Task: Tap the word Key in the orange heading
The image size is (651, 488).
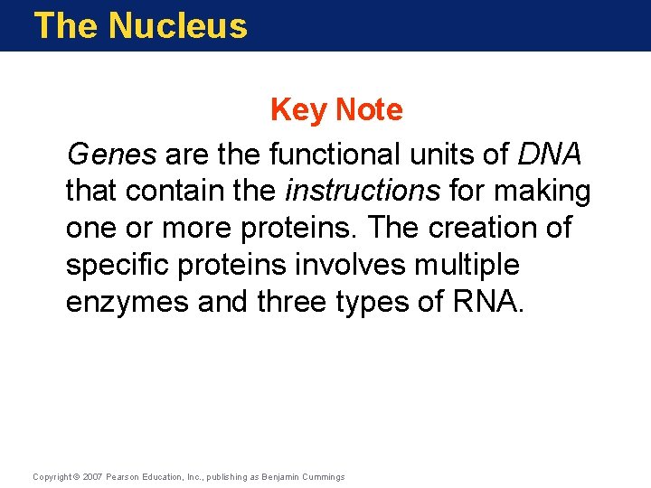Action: point(299,110)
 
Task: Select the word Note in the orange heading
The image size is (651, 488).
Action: point(369,110)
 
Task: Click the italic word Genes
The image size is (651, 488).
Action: point(111,155)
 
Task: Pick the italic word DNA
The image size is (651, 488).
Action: point(550,155)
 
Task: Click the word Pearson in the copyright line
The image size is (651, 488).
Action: point(127,476)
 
